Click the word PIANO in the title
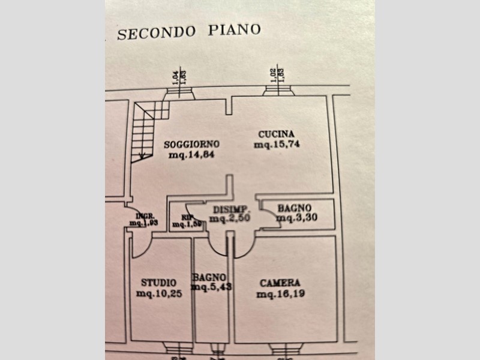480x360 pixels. click(235, 30)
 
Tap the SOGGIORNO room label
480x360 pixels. click(192, 145)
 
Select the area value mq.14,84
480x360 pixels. click(191, 155)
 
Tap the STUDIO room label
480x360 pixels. click(158, 283)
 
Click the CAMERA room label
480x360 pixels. click(280, 283)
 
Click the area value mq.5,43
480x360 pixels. click(211, 287)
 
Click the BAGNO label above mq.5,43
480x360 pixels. click(209, 277)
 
